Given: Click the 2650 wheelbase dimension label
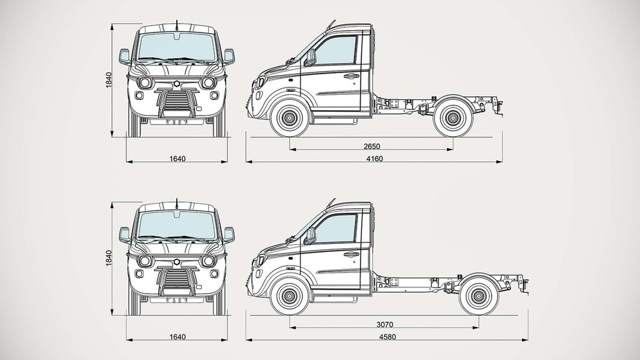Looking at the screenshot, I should pyautogui.click(x=371, y=146).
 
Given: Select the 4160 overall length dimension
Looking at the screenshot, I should pyautogui.click(x=374, y=159).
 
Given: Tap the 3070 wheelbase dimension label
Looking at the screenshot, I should pyautogui.click(x=384, y=324).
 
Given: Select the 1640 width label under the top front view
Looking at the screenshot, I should pyautogui.click(x=177, y=159).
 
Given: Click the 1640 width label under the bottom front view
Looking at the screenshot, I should pyautogui.click(x=177, y=337).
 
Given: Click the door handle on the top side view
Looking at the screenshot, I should pyautogui.click(x=351, y=76).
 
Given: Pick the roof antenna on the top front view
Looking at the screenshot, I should pyautogui.click(x=177, y=26).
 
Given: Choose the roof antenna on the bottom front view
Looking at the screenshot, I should pyautogui.click(x=177, y=203).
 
